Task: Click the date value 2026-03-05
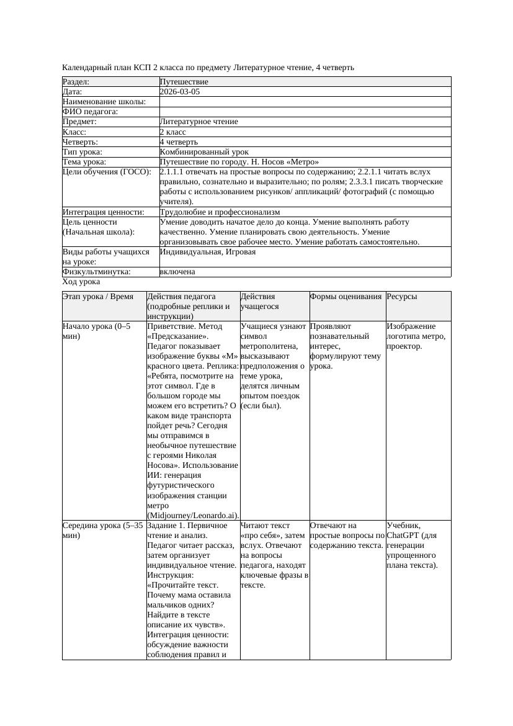point(180,92)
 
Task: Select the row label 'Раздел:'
point(76,82)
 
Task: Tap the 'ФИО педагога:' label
point(91,112)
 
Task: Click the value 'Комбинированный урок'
point(204,152)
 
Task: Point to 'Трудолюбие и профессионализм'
point(220,212)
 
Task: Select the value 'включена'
point(177,272)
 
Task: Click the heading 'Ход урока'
point(81,282)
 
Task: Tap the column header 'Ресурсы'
point(402,297)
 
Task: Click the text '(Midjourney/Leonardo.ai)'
point(193,516)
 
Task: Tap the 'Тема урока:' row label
point(84,162)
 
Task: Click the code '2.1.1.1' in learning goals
point(174,172)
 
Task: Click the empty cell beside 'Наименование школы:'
point(305,102)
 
